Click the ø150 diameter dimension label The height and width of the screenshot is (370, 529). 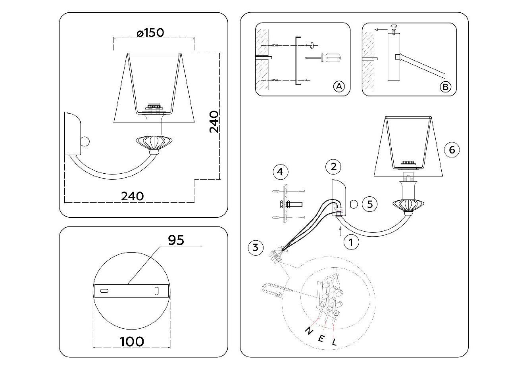coord(150,33)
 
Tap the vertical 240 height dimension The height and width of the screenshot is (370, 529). coord(214,122)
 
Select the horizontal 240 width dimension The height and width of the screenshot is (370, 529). coord(132,196)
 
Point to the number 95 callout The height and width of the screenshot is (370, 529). coord(176,240)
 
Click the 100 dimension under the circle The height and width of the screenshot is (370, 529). coord(132,342)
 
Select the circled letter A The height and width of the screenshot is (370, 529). coord(339,86)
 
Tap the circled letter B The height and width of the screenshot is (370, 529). coord(445,87)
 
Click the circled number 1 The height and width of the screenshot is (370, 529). coord(351,242)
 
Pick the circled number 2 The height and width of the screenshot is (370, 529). coord(333,167)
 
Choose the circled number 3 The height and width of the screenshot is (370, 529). coord(256,247)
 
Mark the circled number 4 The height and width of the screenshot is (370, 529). coord(281,172)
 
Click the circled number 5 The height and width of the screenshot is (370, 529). coord(369,204)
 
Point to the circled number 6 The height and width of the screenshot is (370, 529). coord(452,150)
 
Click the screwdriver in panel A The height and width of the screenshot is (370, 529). coord(323,58)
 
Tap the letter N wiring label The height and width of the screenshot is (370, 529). coord(309,331)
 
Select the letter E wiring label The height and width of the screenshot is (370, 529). coord(321,339)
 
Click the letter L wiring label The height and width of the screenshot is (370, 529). coord(334,342)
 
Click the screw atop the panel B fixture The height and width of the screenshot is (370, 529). coord(394,31)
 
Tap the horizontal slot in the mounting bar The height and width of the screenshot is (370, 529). coord(104,291)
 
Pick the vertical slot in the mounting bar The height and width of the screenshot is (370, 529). coord(156,291)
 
